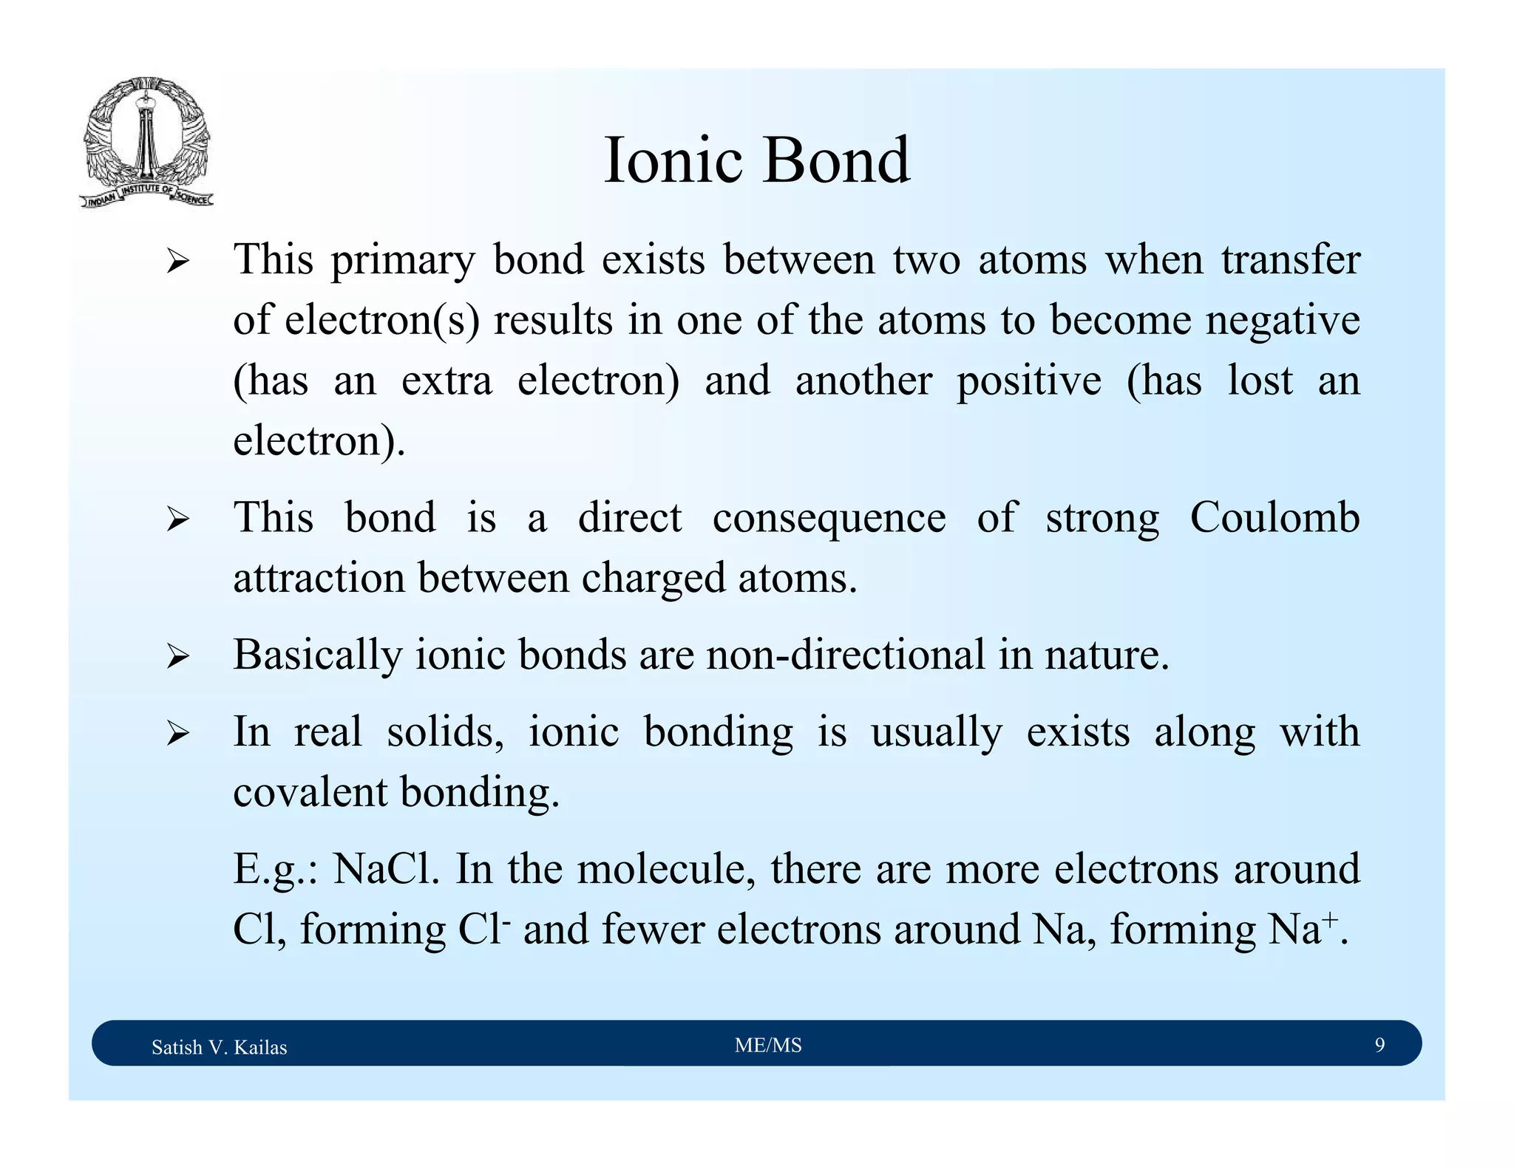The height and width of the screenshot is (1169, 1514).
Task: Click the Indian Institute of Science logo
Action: (x=146, y=143)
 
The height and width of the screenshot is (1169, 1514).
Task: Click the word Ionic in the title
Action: (x=673, y=160)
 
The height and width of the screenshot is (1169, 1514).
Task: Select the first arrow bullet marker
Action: (x=177, y=262)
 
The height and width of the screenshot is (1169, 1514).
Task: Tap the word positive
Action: (x=1029, y=381)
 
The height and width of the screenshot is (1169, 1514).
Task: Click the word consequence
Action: (x=829, y=519)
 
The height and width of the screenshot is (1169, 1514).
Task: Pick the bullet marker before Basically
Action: (x=177, y=656)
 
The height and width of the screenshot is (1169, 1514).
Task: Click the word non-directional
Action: (x=846, y=655)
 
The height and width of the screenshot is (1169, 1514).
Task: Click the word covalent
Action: (x=310, y=792)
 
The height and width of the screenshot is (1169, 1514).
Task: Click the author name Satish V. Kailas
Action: (x=219, y=1047)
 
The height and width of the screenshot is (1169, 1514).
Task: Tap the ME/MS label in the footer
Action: (x=768, y=1045)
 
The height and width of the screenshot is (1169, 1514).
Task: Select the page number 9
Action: (x=1379, y=1045)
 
